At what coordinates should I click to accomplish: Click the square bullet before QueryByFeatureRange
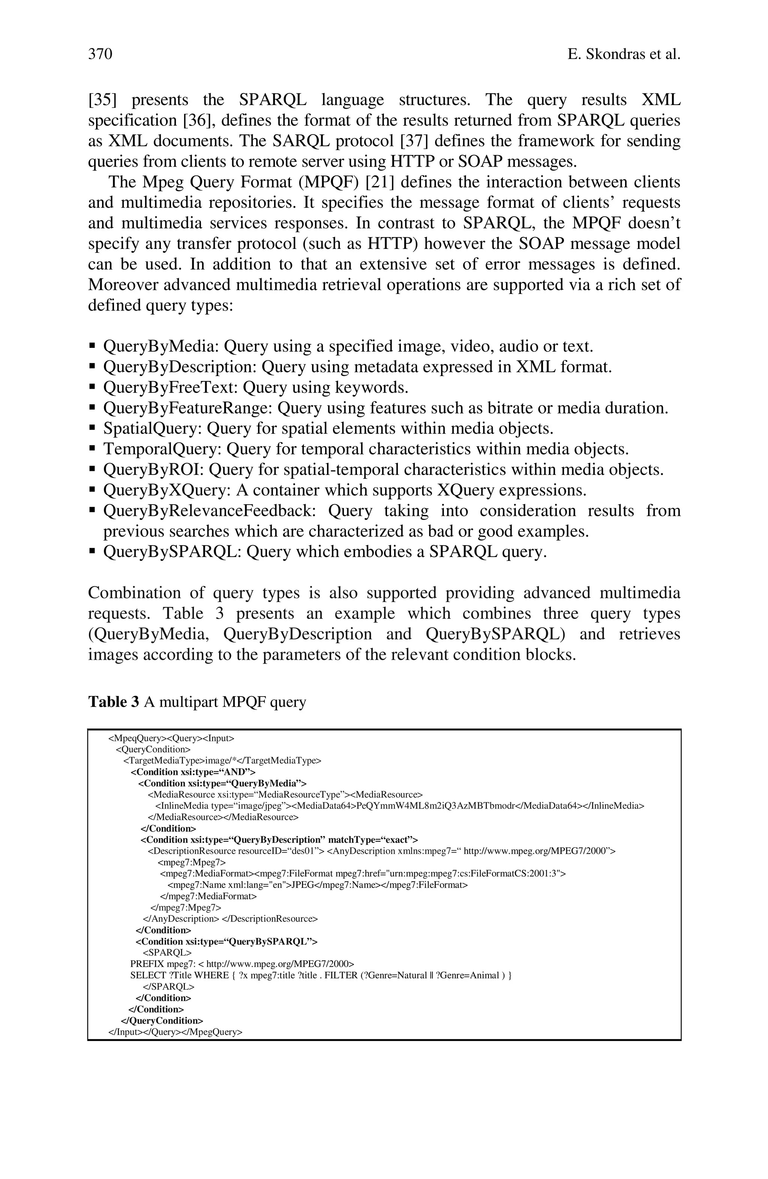(x=92, y=408)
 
